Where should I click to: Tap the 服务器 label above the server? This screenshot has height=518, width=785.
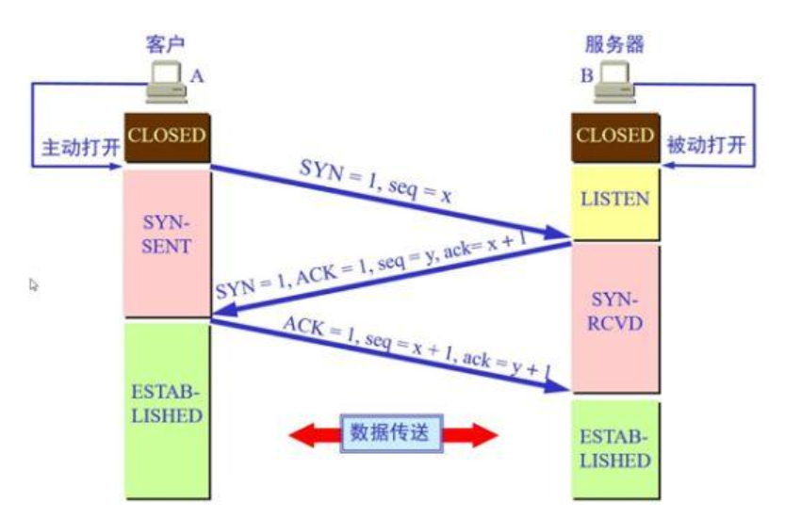615,44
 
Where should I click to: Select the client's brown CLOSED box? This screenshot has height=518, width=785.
167,137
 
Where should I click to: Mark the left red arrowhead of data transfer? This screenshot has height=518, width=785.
304,434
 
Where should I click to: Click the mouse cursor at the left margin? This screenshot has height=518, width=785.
35,283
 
